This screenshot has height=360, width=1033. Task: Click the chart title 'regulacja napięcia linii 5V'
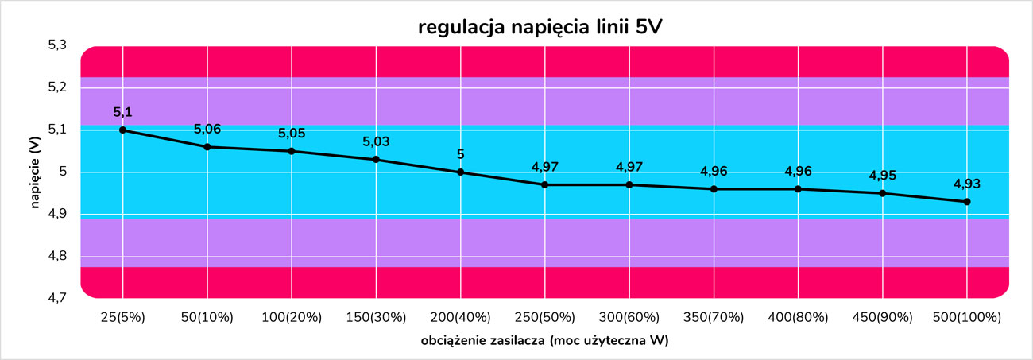pyautogui.click(x=540, y=28)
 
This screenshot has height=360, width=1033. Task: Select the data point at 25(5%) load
pyautogui.click(x=122, y=130)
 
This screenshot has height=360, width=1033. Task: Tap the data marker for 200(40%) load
pyautogui.click(x=460, y=172)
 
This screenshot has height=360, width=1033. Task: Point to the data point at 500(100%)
pyautogui.click(x=967, y=201)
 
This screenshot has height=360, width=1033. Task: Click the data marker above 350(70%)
pyautogui.click(x=714, y=189)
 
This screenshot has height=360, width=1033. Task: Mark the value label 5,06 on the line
pyautogui.click(x=207, y=130)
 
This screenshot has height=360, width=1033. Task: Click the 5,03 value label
pyautogui.click(x=376, y=142)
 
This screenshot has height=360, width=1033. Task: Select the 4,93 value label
pyautogui.click(x=967, y=184)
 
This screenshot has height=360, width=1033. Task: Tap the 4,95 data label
pyautogui.click(x=883, y=176)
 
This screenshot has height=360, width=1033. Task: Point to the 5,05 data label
pyautogui.click(x=292, y=134)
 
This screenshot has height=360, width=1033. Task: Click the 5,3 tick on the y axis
pyautogui.click(x=57, y=45)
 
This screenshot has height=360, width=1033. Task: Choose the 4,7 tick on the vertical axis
pyautogui.click(x=57, y=298)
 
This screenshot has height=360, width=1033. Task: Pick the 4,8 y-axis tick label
pyautogui.click(x=57, y=256)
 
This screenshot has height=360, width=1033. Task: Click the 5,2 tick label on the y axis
pyautogui.click(x=57, y=87)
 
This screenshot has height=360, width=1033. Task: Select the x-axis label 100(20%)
pyautogui.click(x=292, y=318)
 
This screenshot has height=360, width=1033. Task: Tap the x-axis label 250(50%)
pyautogui.click(x=544, y=318)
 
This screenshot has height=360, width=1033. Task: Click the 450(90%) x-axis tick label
pyautogui.click(x=883, y=318)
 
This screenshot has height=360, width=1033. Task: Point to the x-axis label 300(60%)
pyautogui.click(x=629, y=318)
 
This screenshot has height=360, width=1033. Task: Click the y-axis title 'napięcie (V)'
pyautogui.click(x=36, y=172)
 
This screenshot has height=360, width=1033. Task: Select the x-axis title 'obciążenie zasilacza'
pyautogui.click(x=483, y=341)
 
